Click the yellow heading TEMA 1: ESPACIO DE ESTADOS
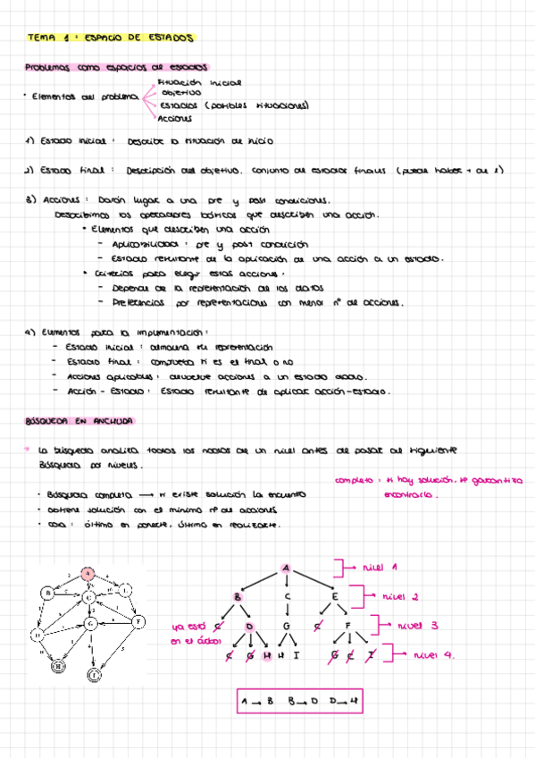(x=111, y=38)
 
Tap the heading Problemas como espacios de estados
(x=116, y=67)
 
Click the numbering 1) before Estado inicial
(x=31, y=141)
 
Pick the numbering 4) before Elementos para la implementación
(x=31, y=333)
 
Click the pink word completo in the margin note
(x=355, y=481)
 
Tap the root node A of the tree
(x=286, y=568)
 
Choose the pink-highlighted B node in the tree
(x=238, y=596)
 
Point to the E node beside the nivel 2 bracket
(x=334, y=596)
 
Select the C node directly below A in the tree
(x=286, y=596)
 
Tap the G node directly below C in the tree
(x=286, y=627)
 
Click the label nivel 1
(x=381, y=567)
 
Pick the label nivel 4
(x=434, y=655)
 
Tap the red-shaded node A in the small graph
(x=88, y=575)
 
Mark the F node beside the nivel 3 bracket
(x=347, y=627)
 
